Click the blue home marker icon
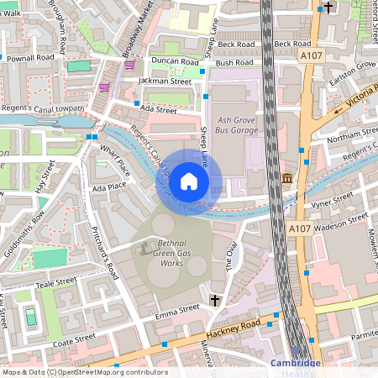189,181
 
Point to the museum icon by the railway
287,178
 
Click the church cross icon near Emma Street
215,299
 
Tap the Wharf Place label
115,160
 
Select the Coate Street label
74,339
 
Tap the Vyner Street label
332,201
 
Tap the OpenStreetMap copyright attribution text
85,372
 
